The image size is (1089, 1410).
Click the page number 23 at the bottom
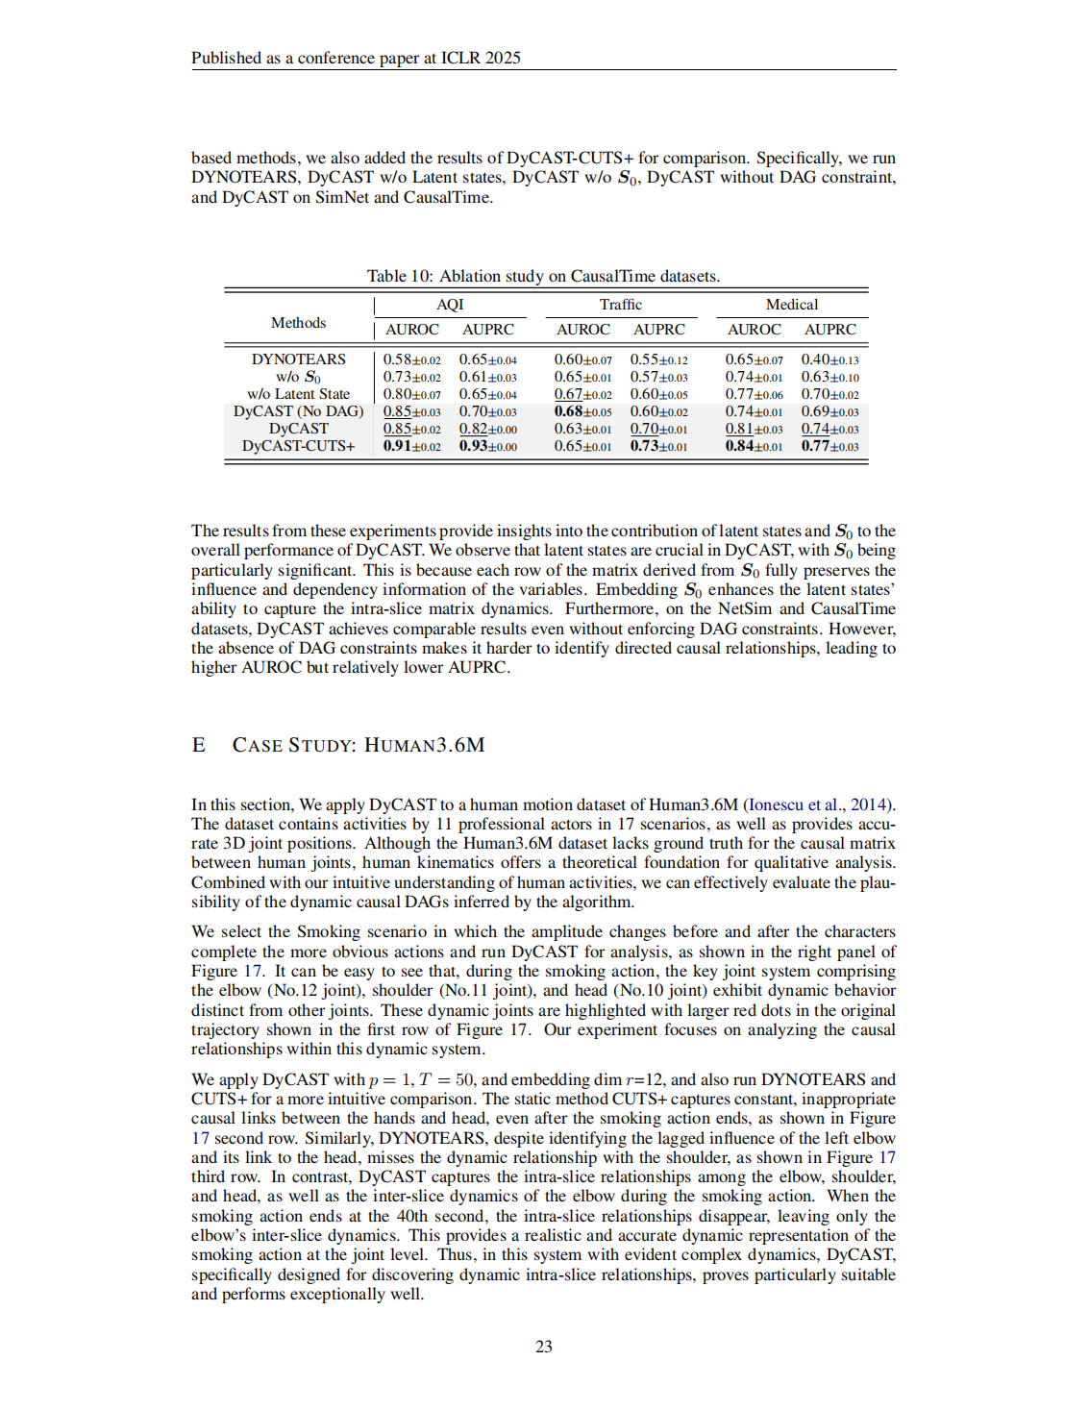coord(543,1347)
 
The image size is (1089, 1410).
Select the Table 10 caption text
coord(543,276)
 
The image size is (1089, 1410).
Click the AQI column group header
coord(450,305)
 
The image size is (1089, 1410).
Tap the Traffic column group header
coord(621,305)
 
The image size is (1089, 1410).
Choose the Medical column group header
coord(792,305)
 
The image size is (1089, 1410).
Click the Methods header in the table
coord(298,323)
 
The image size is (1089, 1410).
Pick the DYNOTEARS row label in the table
coord(298,359)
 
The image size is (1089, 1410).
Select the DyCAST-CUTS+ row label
coord(298,446)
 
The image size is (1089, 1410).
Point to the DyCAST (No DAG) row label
coord(298,411)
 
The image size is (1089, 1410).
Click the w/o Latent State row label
coord(298,394)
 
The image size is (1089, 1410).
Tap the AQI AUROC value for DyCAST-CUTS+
coord(411,446)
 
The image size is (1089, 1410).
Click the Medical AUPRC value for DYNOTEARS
coord(829,359)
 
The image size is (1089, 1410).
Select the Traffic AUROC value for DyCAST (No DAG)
coord(582,411)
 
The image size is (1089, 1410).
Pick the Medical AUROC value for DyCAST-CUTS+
coord(754,446)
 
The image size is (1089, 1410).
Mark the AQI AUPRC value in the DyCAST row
coord(487,429)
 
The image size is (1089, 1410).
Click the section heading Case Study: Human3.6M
coord(359,745)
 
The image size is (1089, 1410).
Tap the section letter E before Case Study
coord(198,745)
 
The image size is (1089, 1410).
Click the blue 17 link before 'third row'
coord(887,1157)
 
